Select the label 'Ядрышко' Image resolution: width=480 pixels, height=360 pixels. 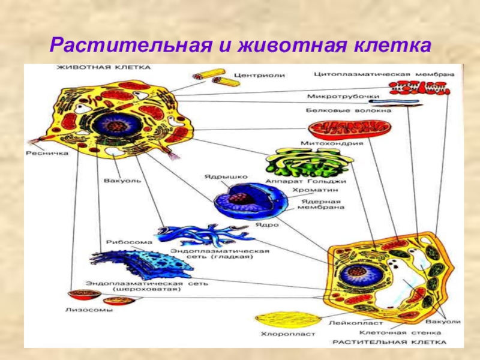pos(218,178)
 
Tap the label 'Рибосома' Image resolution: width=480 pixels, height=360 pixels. pos(122,242)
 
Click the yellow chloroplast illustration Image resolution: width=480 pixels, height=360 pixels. pos(281,319)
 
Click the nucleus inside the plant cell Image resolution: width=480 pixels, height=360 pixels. pos(358,274)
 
